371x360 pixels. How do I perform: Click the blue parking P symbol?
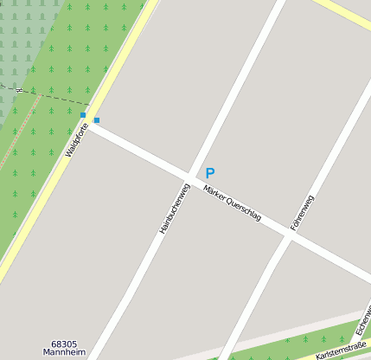[209, 173]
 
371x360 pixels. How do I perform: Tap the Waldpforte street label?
[77, 139]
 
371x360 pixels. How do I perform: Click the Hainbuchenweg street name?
[174, 208]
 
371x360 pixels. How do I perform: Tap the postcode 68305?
[69, 344]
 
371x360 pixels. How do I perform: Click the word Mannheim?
[69, 353]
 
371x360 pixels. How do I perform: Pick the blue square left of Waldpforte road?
[83, 114]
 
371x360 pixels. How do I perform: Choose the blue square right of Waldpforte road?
[97, 119]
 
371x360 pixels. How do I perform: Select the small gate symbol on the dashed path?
[20, 89]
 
